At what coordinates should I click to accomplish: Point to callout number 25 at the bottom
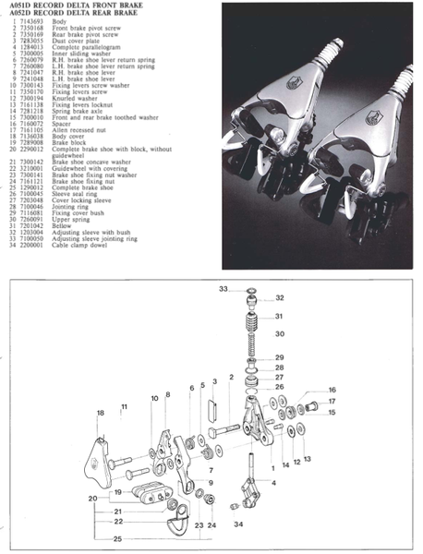[x=117, y=537]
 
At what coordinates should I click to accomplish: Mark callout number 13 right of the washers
[x=308, y=459]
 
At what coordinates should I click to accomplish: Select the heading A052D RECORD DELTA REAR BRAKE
[x=73, y=12]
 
